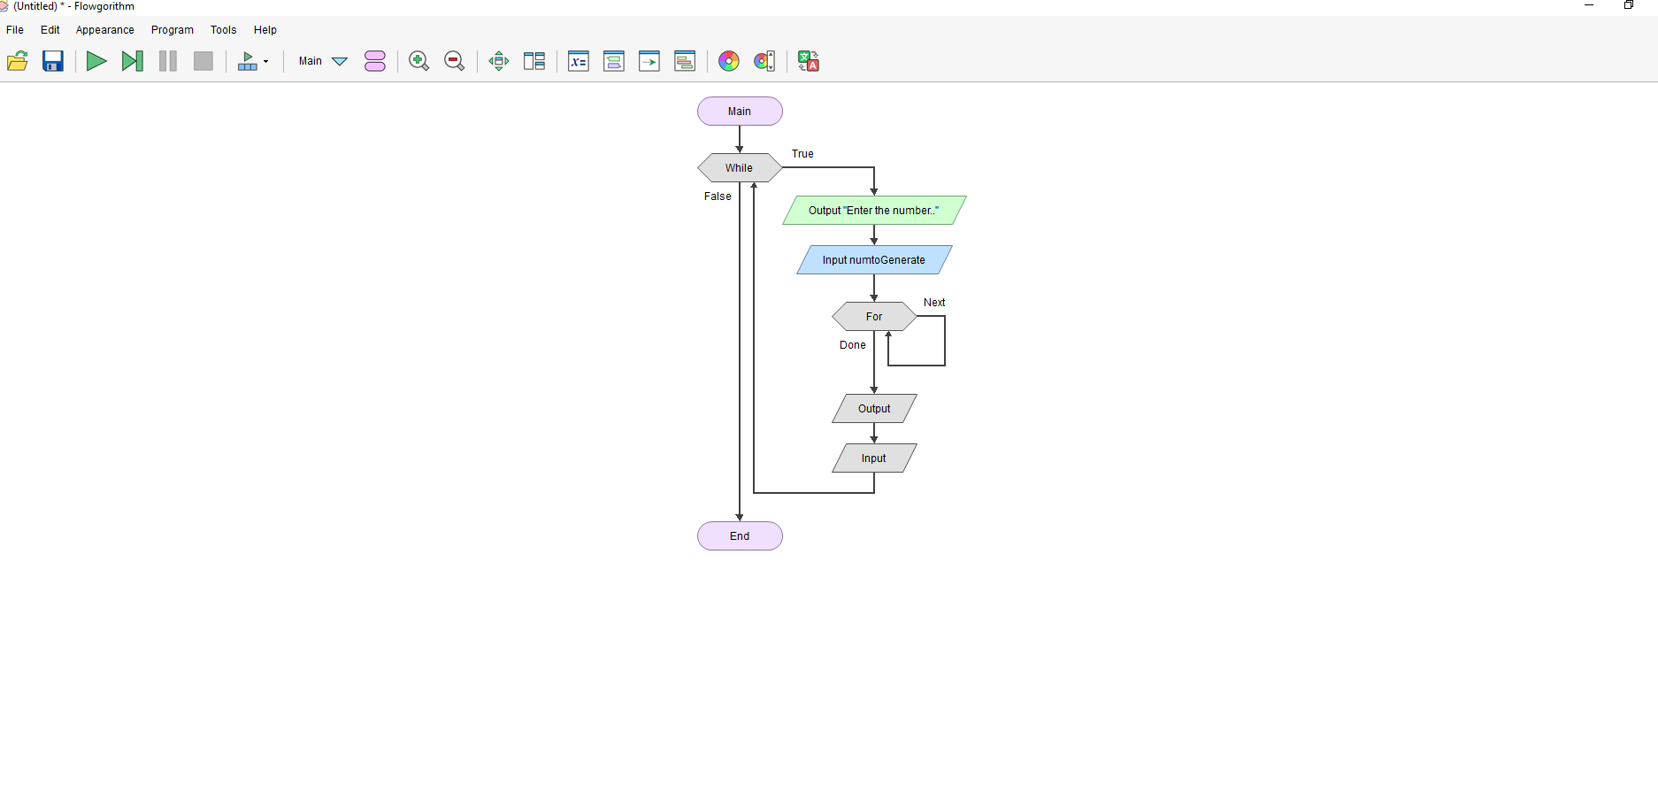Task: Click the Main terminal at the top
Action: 740,112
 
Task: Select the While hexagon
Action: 740,168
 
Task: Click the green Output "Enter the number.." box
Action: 874,211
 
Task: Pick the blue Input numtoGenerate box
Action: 874,260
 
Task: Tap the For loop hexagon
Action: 874,317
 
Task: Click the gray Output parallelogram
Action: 874,409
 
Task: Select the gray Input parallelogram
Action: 874,458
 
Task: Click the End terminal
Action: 740,536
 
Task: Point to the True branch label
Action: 802,154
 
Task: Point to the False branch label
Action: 718,196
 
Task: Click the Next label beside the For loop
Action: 934,303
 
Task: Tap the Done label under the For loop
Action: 853,345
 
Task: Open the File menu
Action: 15,30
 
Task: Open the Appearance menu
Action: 104,30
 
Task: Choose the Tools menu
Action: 223,30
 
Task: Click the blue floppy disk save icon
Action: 53,61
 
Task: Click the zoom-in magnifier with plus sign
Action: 419,61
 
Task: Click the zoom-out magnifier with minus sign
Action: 455,61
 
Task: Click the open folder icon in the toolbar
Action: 18,61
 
